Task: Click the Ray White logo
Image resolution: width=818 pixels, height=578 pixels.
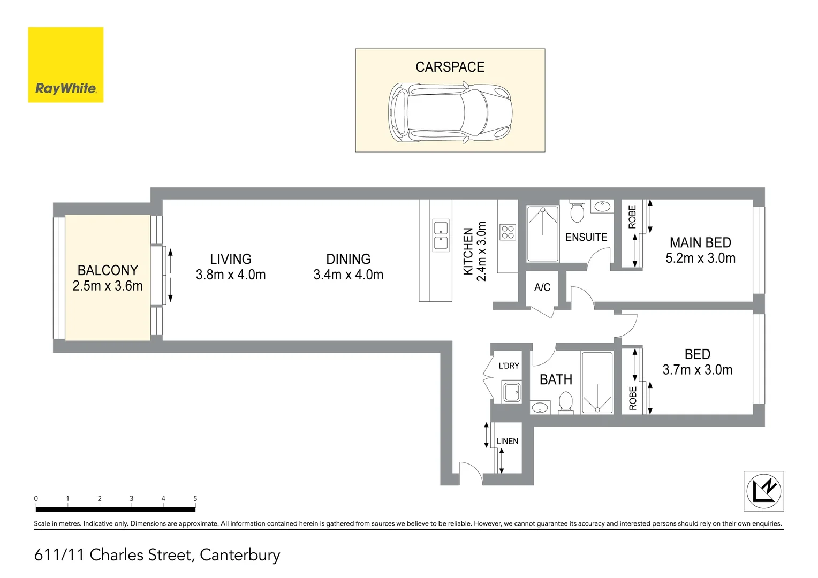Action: coord(65,65)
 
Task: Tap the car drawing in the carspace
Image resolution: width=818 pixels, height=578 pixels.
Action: coord(450,112)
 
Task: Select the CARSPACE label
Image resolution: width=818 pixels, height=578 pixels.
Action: coord(450,67)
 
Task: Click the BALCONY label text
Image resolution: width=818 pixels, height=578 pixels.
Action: coord(108,270)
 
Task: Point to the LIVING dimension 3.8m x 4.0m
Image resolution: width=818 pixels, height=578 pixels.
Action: coord(231,275)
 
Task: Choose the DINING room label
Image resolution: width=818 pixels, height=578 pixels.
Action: coord(348,260)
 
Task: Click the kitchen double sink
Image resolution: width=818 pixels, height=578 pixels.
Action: coord(441,235)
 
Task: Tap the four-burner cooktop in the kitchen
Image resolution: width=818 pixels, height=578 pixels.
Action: coord(508,232)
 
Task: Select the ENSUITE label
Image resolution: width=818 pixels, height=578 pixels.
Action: coord(586,237)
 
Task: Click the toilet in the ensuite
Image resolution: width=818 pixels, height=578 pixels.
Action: coord(577,212)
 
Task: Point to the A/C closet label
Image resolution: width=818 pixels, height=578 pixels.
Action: coord(542,287)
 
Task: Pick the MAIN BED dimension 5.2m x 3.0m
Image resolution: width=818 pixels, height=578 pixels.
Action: coord(700,258)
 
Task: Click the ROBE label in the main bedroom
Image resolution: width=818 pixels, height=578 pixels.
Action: coord(632,217)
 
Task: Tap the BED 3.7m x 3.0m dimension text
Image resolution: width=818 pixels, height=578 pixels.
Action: coord(697,370)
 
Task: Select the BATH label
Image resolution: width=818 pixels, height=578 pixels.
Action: coord(556,379)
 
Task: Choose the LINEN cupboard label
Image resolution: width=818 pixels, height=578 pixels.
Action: coord(507,442)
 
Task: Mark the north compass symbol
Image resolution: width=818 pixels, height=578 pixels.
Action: coord(764,491)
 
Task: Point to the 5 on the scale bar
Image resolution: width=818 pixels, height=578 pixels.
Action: coord(195,498)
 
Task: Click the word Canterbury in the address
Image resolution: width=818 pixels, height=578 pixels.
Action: coord(240,555)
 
